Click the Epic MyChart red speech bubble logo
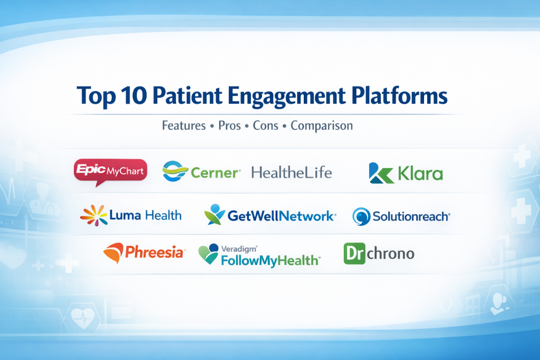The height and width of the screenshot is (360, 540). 111,171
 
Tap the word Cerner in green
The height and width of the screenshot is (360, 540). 214,173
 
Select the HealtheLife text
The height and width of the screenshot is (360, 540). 292,172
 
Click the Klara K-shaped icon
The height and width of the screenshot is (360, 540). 381,173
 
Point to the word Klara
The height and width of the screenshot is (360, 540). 420,173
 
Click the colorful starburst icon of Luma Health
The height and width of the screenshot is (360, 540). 94,216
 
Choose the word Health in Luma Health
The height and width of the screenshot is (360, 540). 163,216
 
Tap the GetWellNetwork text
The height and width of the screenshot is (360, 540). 281,216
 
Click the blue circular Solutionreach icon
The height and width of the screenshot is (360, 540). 361,217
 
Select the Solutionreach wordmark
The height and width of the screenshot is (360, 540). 411,217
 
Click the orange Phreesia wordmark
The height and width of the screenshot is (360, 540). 155,252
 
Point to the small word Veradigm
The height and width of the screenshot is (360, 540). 239,249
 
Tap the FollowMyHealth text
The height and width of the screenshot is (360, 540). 271,260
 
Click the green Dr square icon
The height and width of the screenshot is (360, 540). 354,254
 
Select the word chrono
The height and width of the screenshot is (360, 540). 391,254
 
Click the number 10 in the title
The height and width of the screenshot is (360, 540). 134,95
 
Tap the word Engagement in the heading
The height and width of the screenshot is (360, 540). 286,96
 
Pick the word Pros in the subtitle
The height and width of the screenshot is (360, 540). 229,125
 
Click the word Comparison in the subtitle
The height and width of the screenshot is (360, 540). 322,126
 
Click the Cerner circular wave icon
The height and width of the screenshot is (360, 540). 175,171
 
